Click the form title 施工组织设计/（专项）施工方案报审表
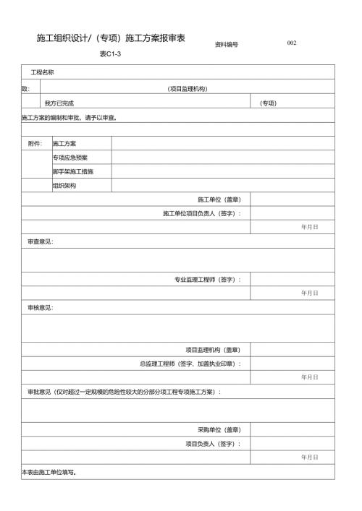[111, 38]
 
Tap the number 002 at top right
[292, 43]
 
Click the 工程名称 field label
[41, 72]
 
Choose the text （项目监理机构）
[188, 88]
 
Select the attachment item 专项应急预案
[70, 157]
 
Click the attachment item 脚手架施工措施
[72, 171]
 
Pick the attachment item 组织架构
[64, 185]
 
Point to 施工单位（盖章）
[219, 199]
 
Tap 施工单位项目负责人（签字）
[202, 213]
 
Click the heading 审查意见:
[40, 241]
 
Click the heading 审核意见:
[40, 307]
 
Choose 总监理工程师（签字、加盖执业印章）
[190, 364]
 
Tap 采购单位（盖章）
[219, 429]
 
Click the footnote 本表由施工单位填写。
[49, 472]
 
